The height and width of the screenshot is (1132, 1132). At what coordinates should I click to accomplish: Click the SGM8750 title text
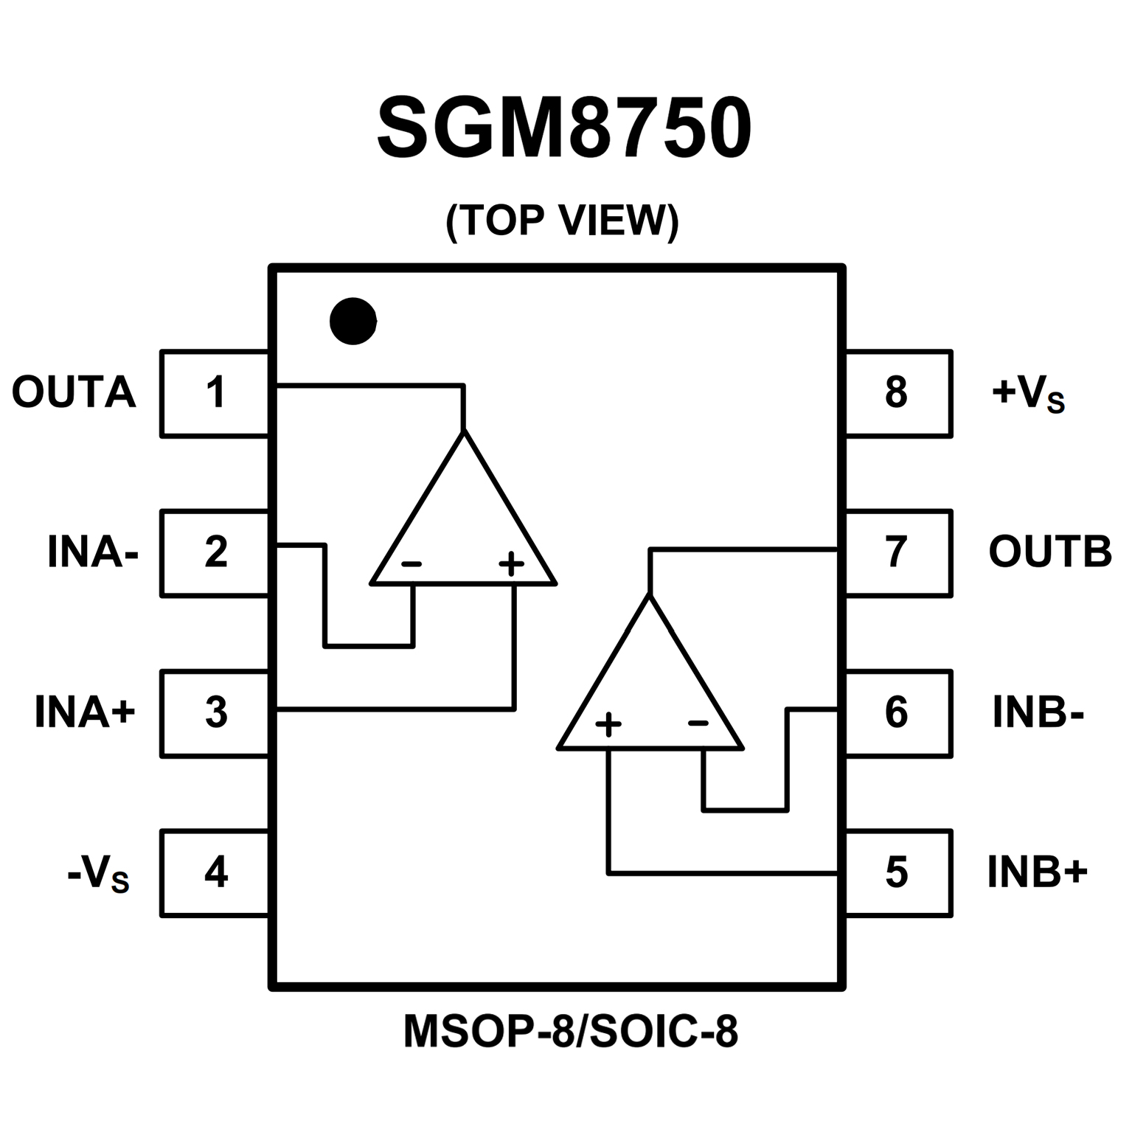(564, 128)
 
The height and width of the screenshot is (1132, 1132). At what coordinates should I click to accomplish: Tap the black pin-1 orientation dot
(353, 321)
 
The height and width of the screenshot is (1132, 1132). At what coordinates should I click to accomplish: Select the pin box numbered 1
(215, 393)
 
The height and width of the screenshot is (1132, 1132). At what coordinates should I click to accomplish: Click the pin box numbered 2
(215, 552)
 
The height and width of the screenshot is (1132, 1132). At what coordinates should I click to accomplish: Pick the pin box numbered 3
(215, 713)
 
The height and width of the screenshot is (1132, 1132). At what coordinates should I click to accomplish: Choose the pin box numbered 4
(215, 873)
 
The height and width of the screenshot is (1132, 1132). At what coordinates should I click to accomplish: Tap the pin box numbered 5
(897, 873)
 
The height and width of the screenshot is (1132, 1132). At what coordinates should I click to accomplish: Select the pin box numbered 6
(897, 713)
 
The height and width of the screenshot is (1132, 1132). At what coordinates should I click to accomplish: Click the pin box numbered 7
(897, 552)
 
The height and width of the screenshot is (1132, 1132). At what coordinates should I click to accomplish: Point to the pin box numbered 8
(897, 393)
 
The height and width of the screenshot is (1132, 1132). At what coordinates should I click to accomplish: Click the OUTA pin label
(74, 392)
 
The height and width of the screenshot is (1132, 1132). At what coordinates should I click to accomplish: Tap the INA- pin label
(93, 552)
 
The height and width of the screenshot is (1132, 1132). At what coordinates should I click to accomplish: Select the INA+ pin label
(86, 712)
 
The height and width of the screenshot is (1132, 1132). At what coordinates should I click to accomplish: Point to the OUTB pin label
(1049, 552)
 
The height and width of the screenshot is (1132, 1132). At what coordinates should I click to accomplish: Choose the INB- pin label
(1038, 712)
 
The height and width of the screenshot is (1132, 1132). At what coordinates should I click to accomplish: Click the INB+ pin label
(1038, 872)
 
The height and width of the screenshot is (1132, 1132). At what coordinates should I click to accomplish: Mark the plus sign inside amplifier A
(511, 565)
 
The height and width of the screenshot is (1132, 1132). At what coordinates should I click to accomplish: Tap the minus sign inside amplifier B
(698, 723)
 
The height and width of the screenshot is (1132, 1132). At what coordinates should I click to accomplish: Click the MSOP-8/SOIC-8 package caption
(570, 1032)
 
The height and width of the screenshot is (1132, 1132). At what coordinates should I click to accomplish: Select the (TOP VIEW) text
(562, 221)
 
